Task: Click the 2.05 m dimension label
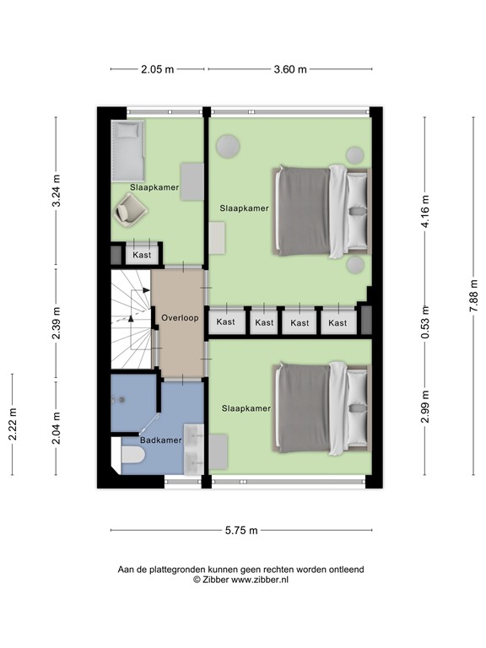click(158, 70)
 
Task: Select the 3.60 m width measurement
click(290, 70)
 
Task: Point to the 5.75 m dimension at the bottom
click(241, 530)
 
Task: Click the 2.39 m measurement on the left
click(57, 322)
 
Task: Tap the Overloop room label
click(179, 318)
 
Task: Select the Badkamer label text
click(160, 440)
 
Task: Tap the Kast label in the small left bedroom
click(141, 253)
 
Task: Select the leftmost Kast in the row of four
click(226, 322)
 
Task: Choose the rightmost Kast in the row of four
click(337, 322)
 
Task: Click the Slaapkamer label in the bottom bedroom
click(246, 408)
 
